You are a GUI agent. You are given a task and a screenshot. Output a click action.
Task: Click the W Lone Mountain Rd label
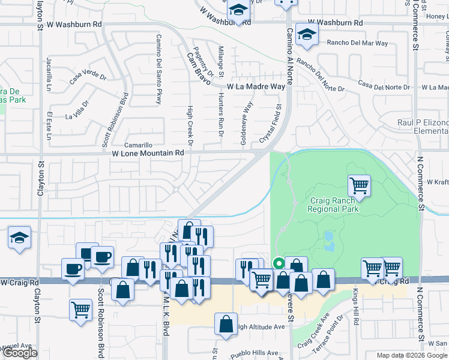148,153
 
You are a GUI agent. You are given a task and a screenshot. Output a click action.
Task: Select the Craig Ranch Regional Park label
333,205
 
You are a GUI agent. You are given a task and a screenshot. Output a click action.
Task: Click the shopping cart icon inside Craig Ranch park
359,185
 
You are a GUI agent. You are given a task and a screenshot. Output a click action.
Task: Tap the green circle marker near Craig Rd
279,263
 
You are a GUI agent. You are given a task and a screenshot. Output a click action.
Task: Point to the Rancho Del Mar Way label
357,43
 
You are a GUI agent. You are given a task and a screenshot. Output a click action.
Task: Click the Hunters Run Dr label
220,114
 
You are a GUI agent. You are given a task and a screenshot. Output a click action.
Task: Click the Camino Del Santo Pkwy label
159,69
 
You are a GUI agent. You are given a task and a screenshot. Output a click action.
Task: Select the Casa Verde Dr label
87,77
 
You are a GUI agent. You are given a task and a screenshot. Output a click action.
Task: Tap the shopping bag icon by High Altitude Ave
226,323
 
